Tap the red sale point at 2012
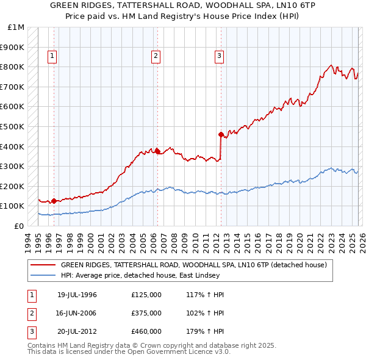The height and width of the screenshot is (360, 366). tap(221, 134)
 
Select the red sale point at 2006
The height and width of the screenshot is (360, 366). tap(157, 151)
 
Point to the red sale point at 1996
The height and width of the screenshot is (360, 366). tap(54, 201)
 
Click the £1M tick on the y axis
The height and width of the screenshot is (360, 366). tap(17, 27)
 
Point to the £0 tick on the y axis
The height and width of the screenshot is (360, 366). tap(20, 226)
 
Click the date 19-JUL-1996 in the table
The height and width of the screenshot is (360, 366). tap(77, 295)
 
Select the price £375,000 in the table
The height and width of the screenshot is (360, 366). tap(146, 313)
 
